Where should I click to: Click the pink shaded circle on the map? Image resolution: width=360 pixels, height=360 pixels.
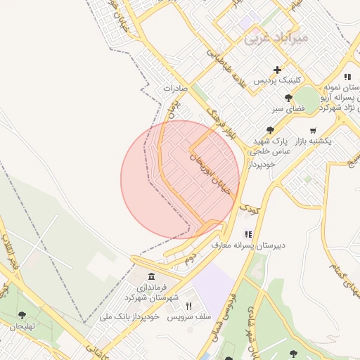(179, 179)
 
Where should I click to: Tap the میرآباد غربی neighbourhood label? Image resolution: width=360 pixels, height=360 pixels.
(276, 39)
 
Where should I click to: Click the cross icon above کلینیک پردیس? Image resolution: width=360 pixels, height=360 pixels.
(278, 70)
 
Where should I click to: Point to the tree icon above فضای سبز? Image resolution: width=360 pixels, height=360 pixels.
(288, 98)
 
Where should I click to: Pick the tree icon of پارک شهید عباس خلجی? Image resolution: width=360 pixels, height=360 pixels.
(270, 129)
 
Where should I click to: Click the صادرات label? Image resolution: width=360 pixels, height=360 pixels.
(176, 89)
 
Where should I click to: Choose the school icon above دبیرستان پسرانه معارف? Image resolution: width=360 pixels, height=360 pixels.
(247, 234)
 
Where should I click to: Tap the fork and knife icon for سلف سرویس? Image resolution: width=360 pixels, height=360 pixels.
(188, 306)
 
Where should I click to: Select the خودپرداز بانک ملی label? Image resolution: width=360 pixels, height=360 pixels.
(131, 316)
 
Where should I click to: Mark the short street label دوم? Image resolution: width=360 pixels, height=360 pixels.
(188, 259)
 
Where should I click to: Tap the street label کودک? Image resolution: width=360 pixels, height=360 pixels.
(249, 209)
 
